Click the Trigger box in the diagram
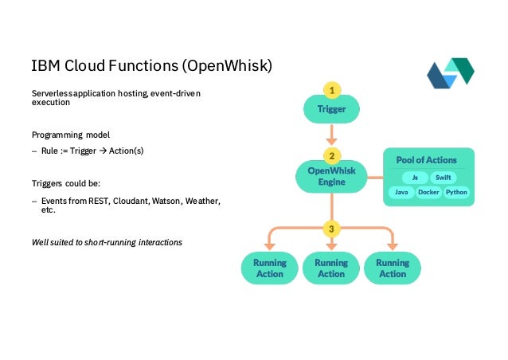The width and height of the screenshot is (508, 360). click(x=331, y=109)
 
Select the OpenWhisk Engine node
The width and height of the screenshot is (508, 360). click(x=331, y=176)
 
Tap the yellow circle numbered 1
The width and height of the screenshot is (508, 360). click(x=331, y=88)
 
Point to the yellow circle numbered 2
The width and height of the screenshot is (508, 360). click(x=331, y=155)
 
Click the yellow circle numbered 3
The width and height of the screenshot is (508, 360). click(x=331, y=229)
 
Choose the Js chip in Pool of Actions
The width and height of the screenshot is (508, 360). click(x=414, y=178)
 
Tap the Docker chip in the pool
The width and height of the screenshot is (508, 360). click(x=428, y=192)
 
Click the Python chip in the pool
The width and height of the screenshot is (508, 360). click(x=456, y=192)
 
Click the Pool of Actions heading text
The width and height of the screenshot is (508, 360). click(x=428, y=160)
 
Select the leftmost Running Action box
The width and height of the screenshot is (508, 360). click(x=269, y=268)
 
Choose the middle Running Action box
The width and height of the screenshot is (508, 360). click(x=331, y=268)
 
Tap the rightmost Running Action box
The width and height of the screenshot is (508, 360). click(x=392, y=268)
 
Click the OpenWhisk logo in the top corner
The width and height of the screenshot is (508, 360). click(x=450, y=74)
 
